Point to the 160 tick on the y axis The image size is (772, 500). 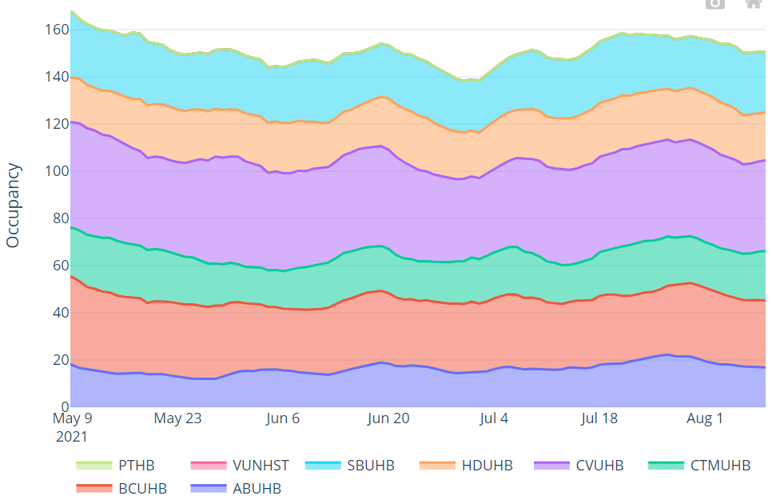56,30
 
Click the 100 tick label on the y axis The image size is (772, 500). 56,171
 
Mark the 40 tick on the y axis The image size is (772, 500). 59,313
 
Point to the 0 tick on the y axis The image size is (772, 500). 63,407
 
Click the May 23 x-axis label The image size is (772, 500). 177,418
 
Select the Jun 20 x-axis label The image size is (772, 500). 388,418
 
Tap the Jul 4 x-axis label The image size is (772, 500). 494,418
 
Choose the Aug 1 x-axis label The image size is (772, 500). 705,418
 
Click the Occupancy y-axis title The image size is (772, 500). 13,205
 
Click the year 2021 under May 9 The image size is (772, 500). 71,437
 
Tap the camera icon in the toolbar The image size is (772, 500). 714,3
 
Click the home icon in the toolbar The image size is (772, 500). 753,3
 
